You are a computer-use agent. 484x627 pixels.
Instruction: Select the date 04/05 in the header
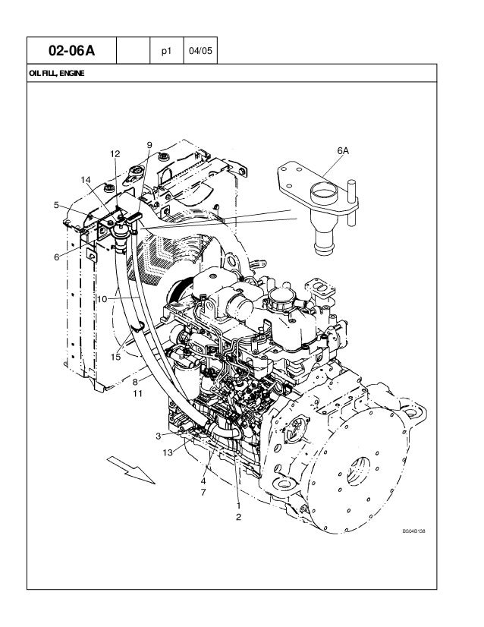(200, 52)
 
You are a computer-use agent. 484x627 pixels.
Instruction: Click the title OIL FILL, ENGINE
(56, 74)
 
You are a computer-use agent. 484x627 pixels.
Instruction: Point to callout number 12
(115, 153)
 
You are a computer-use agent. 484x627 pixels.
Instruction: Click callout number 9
(149, 144)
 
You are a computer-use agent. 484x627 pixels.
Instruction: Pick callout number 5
(56, 204)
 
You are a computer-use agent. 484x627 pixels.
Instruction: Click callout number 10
(101, 299)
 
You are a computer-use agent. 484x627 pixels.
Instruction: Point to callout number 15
(116, 357)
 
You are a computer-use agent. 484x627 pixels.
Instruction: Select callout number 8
(135, 382)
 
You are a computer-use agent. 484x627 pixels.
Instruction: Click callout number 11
(137, 393)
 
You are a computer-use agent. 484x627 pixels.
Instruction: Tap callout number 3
(158, 436)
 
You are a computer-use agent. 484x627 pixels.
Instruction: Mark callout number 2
(238, 517)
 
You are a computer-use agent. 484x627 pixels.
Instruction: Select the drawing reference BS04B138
(414, 531)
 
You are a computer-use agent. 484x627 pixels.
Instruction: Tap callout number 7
(203, 493)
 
